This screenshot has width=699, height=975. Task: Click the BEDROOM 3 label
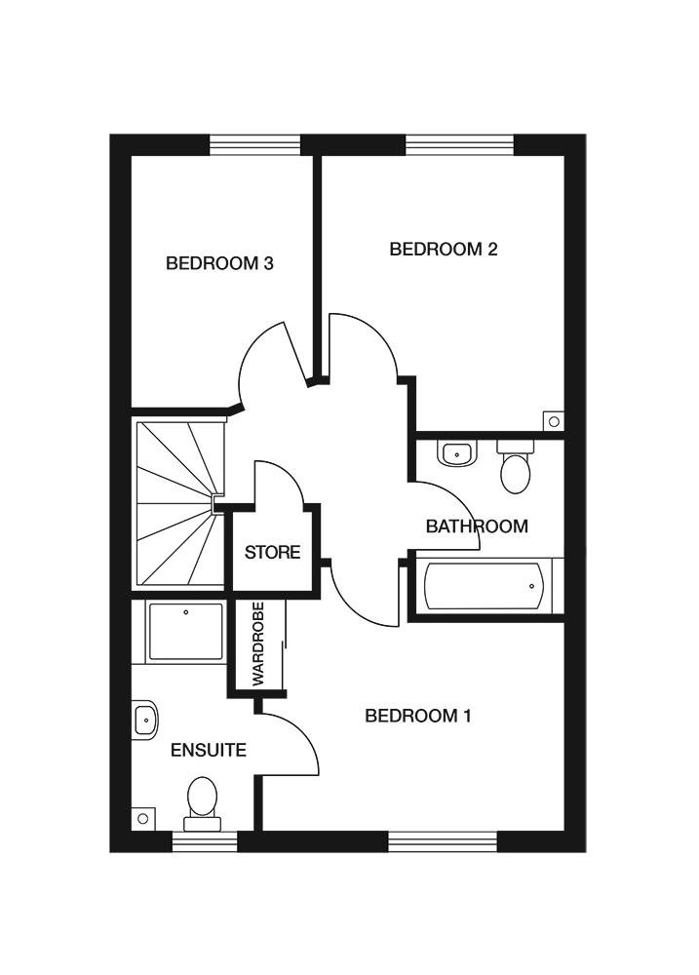pos(219,263)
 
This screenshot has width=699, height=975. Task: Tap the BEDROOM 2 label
pos(444,250)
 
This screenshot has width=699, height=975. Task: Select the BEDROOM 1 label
pos(417,717)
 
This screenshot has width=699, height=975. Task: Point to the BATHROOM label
pos(477,526)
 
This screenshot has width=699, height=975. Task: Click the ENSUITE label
pos(208,750)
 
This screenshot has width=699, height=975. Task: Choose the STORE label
pos(272,553)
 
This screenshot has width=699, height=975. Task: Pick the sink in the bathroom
pos(456,453)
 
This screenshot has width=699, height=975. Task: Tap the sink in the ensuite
pos(145,721)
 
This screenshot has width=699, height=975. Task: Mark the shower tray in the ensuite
pos(185,632)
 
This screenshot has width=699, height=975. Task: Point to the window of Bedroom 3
pos(255,145)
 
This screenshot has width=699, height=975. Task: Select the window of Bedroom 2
pos(459,145)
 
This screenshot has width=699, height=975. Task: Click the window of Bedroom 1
pos(443,840)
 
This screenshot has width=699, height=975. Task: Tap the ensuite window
pos(204,840)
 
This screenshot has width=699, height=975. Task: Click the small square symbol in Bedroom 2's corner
pos(554,421)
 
